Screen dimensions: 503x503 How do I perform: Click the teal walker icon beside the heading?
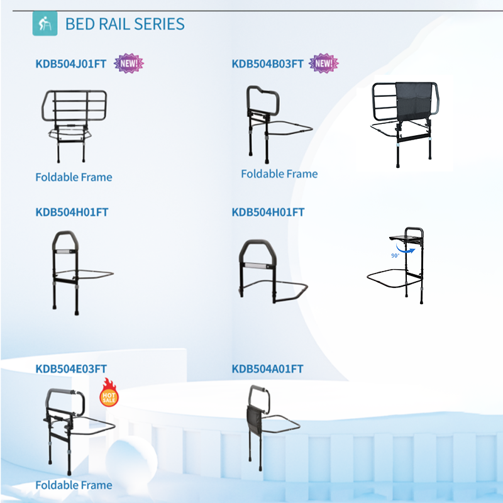pos(45,23)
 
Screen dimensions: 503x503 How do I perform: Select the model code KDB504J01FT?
pos(71,64)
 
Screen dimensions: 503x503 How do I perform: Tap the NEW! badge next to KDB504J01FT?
pos(129,64)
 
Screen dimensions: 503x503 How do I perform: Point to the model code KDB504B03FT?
pos(268,64)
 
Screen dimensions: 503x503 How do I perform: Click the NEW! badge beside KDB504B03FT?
pos(324,64)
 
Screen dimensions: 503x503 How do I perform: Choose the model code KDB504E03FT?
pos(71,369)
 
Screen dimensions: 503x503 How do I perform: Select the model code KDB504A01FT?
pos(268,369)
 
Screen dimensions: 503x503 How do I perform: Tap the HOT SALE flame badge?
pos(109,392)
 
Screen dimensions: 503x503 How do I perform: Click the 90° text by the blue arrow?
pos(395,256)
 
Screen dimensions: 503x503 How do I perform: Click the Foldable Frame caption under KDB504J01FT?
pos(74,177)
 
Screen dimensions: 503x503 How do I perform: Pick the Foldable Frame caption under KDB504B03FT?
pos(279,174)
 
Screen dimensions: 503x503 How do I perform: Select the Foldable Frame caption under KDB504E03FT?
pos(74,485)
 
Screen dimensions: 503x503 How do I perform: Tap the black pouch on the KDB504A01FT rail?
pos(255,419)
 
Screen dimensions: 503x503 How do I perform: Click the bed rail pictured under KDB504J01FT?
pos(74,126)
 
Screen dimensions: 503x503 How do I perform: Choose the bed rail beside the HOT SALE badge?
pos(79,431)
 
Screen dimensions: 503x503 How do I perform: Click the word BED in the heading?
pos(80,24)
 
